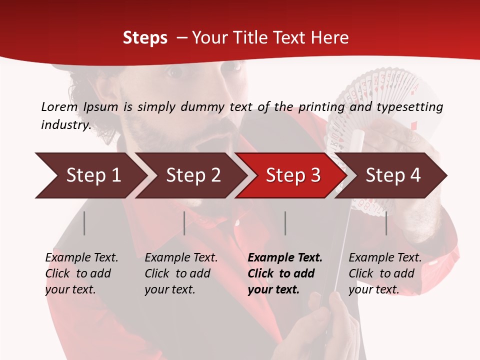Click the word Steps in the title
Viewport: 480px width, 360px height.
[x=145, y=38]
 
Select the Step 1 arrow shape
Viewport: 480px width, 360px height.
[x=90, y=175]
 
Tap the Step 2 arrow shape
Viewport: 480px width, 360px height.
[x=190, y=175]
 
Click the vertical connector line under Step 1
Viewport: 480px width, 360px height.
[x=84, y=223]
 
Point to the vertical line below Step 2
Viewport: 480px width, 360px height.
[x=184, y=223]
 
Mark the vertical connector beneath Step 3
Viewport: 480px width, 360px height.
[x=285, y=223]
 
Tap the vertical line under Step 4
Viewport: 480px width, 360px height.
[x=386, y=223]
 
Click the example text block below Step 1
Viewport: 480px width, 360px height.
[x=81, y=273]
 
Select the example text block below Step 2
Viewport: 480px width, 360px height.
[x=181, y=273]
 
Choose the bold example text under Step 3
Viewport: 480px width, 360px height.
[x=285, y=273]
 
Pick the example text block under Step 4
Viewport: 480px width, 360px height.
[x=385, y=273]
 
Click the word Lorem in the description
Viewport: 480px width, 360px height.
[x=59, y=106]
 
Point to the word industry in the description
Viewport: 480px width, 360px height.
[x=65, y=125]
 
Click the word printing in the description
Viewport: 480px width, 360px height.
[x=321, y=106]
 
